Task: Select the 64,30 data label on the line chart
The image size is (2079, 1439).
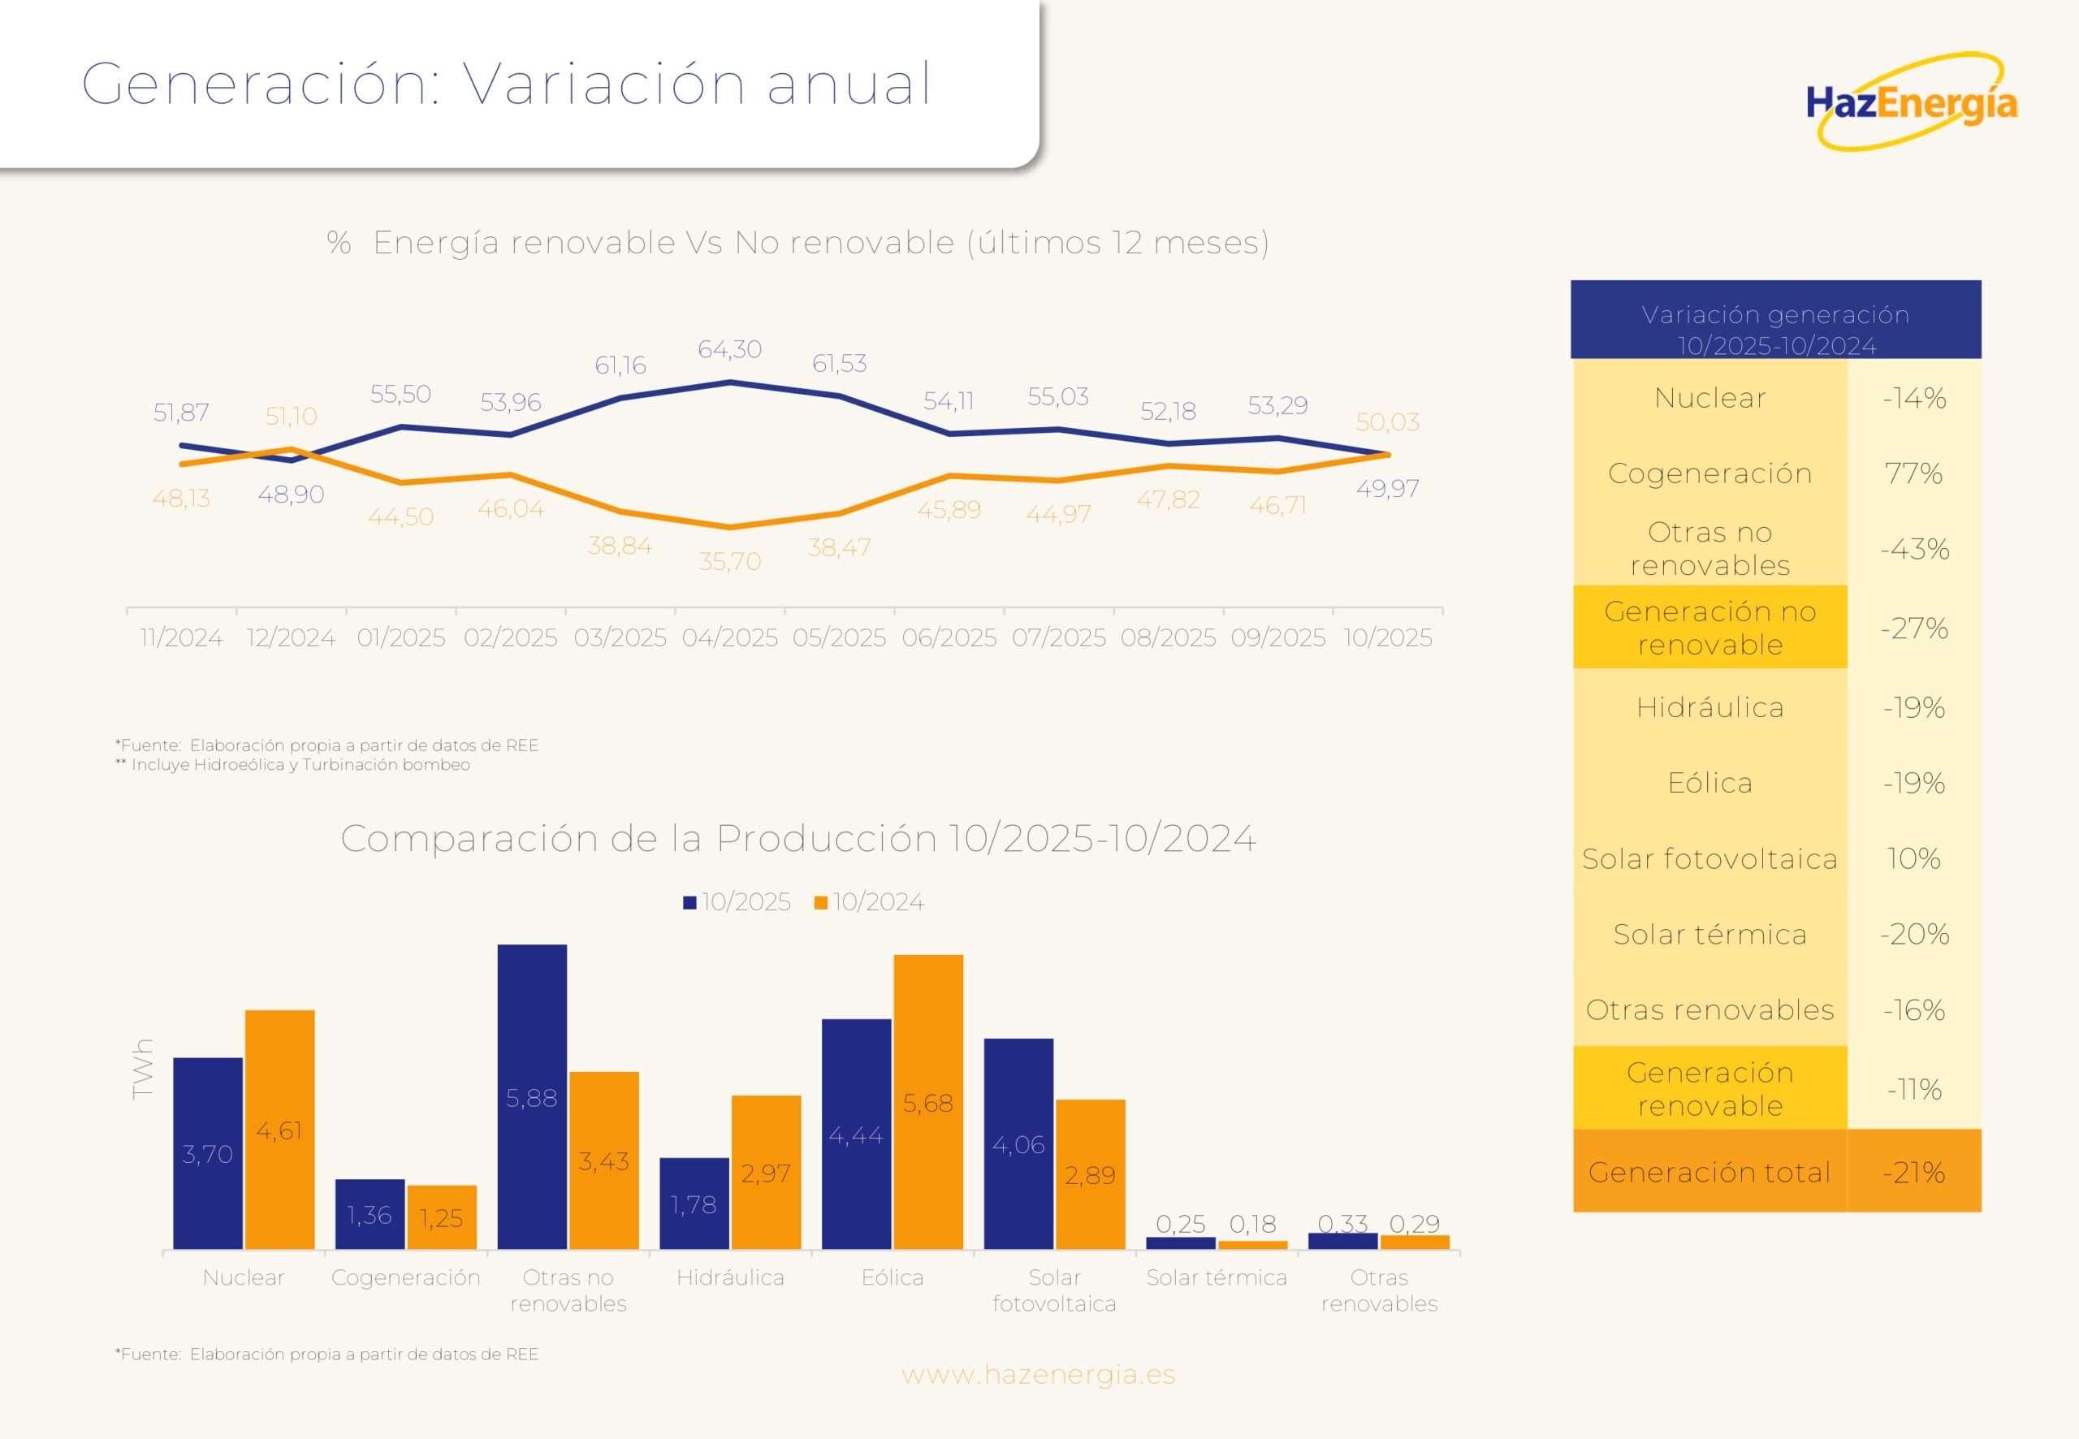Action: click(729, 349)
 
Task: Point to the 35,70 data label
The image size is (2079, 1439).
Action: click(729, 562)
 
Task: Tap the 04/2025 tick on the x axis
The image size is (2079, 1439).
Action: click(729, 637)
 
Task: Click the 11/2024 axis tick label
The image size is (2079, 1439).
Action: click(181, 637)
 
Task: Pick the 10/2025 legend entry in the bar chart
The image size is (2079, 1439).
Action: click(737, 902)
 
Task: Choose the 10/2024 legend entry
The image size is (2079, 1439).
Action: click(869, 902)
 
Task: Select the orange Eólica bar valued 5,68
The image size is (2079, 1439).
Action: click(927, 1102)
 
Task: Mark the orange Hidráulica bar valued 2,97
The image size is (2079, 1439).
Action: click(766, 1172)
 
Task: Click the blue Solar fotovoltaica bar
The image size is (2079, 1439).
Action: click(1018, 1143)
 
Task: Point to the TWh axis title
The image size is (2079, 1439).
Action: click(142, 1070)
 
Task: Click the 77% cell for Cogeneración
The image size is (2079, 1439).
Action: click(1913, 473)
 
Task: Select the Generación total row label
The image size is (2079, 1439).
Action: click(1709, 1171)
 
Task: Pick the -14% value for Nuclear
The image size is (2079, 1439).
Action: click(1913, 398)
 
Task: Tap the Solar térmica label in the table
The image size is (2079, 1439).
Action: click(1709, 934)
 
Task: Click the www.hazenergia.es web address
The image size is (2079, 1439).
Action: click(1039, 1374)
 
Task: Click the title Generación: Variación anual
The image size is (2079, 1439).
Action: click(506, 84)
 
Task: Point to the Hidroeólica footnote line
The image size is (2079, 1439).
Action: click(293, 765)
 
